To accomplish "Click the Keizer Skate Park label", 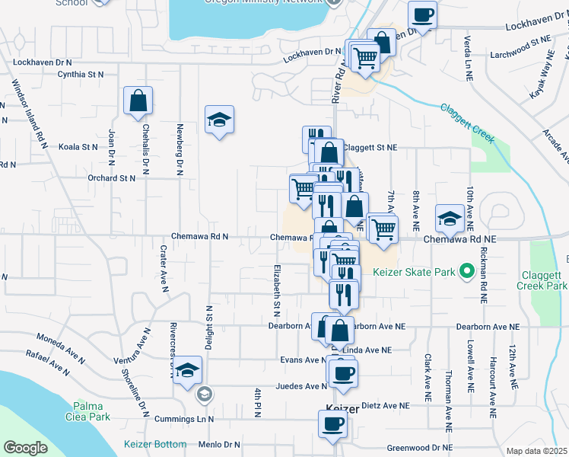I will [415, 272].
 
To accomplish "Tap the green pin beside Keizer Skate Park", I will [469, 271].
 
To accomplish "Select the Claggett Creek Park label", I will [544, 280].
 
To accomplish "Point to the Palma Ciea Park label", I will [92, 411].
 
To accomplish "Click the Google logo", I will [25, 448].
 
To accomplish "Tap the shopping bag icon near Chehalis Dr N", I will [138, 100].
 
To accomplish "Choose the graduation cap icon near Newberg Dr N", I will [219, 119].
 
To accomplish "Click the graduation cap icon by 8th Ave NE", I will [450, 218].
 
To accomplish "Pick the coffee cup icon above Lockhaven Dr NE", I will [422, 14].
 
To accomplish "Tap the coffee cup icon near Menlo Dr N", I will [332, 423].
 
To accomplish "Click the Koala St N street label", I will [79, 146].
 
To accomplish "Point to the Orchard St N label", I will [111, 177].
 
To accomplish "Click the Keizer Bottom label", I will [155, 444].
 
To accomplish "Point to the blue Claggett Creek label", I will [468, 123].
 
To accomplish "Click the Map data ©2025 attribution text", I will [536, 451].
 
